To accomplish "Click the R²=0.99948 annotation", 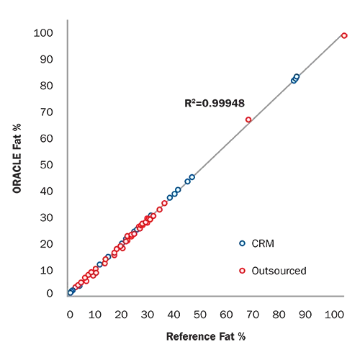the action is [215, 103].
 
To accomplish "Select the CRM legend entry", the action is [256, 243].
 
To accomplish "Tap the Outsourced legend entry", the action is [273, 271].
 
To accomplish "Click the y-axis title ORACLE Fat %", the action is [17, 158].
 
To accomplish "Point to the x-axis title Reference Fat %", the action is [206, 336].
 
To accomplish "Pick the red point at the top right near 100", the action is [344, 36].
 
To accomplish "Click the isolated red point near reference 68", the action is [248, 120].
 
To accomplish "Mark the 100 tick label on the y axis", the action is [43, 33].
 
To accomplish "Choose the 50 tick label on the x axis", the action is [200, 315].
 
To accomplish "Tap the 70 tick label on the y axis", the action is [46, 112].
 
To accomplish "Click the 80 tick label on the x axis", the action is [279, 315].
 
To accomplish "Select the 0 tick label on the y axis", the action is [50, 294].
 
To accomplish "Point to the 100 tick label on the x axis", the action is [334, 315].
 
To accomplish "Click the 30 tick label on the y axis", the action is [46, 218].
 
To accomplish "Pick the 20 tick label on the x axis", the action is [121, 315].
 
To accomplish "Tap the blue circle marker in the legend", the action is [242, 243].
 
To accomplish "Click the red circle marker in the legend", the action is [242, 271].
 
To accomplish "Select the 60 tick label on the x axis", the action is [226, 315].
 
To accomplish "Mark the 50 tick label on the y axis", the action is [46, 165].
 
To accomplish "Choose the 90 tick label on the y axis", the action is [46, 60].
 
